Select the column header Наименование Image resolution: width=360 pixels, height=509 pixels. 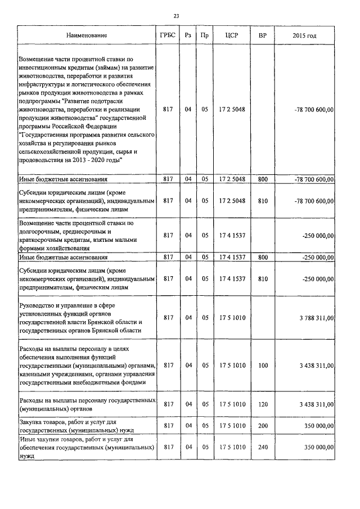pyautogui.click(x=87, y=35)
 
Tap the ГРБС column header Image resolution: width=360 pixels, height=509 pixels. pyautogui.click(x=167, y=35)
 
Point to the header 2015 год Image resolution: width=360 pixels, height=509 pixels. pyautogui.click(x=304, y=35)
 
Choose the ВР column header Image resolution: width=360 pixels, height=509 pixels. pyautogui.click(x=262, y=35)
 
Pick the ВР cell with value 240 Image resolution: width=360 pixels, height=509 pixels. pyautogui.click(x=262, y=447)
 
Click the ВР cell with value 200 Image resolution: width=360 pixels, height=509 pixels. pyautogui.click(x=262, y=426)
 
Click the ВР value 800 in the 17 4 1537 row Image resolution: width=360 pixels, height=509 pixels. pyautogui.click(x=262, y=257)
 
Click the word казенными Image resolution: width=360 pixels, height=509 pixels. pyautogui.click(x=37, y=373)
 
